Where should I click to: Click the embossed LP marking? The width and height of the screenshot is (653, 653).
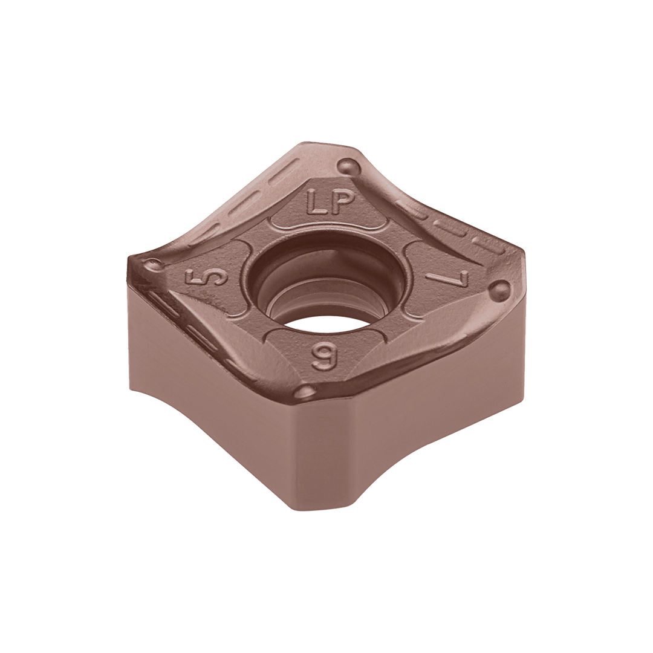tap(328, 202)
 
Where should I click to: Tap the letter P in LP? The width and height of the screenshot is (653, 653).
tap(340, 201)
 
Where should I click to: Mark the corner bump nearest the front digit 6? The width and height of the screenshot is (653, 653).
tap(307, 391)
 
